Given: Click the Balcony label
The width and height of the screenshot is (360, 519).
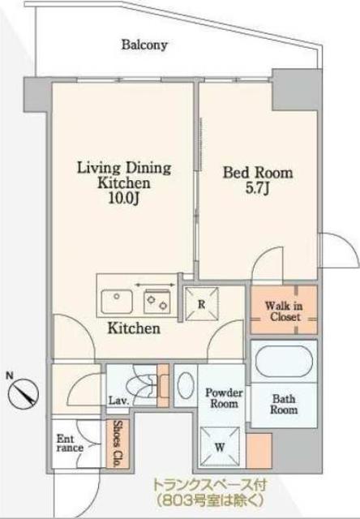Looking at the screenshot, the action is point(144,45).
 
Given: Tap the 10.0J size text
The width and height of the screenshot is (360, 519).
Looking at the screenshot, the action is point(124,198).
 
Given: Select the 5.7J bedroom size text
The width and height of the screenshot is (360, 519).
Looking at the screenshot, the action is point(257,188).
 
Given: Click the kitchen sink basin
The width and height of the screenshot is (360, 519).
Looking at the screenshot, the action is point(117,301).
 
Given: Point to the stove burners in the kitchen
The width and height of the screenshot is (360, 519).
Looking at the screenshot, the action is point(157,301).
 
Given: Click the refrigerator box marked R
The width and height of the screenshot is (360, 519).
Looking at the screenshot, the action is point(202,304).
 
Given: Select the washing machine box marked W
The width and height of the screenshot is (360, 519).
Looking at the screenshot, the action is point(220,447).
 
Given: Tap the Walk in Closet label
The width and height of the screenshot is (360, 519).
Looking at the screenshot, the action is point(284,311).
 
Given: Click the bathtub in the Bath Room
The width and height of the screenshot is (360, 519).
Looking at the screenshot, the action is point(284,362).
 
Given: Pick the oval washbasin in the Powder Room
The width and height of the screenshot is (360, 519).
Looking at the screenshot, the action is point(186,385).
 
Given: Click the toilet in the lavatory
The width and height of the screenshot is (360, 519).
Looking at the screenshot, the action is point(142,386).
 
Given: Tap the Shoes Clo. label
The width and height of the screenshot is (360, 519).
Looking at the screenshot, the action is point(116,444).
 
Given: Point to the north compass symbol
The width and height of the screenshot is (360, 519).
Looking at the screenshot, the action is point(24,394).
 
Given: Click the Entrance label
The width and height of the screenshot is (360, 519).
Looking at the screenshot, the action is point(70,444).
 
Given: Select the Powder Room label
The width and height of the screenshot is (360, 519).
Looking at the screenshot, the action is point(224,398).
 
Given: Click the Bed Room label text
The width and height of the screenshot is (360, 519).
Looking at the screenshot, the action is point(257,173).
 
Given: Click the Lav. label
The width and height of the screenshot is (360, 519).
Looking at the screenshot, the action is point(118,401).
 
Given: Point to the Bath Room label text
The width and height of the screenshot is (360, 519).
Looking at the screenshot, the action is point(284,404).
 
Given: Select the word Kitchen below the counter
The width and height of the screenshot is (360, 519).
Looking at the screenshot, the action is point(134,328).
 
